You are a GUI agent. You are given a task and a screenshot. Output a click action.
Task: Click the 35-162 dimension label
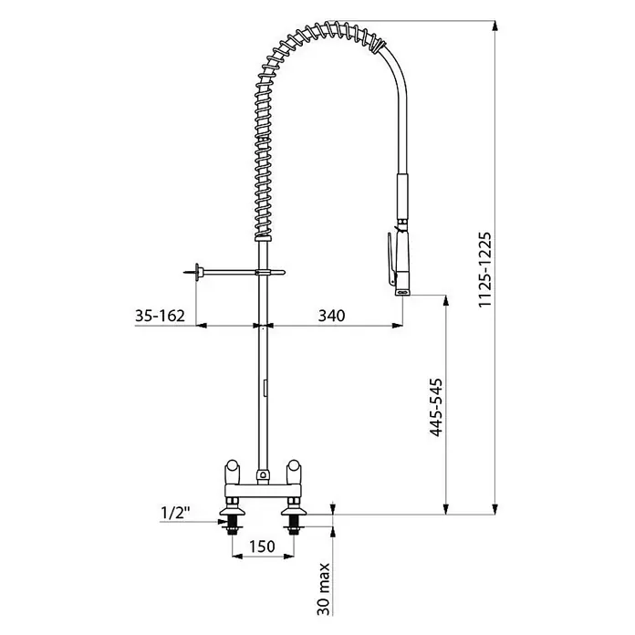(x=160, y=315)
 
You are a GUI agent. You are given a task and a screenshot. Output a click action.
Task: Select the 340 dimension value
(x=331, y=315)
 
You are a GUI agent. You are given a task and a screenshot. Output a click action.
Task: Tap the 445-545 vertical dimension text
(x=436, y=408)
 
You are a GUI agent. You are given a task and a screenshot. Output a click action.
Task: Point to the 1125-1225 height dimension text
(x=484, y=269)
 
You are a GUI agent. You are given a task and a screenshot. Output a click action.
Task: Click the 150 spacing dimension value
(x=262, y=547)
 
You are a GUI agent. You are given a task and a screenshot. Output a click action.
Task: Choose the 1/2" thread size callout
(x=176, y=513)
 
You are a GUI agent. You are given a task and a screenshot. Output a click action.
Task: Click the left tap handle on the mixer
(x=232, y=472)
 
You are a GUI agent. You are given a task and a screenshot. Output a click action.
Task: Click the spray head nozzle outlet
(x=403, y=292)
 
